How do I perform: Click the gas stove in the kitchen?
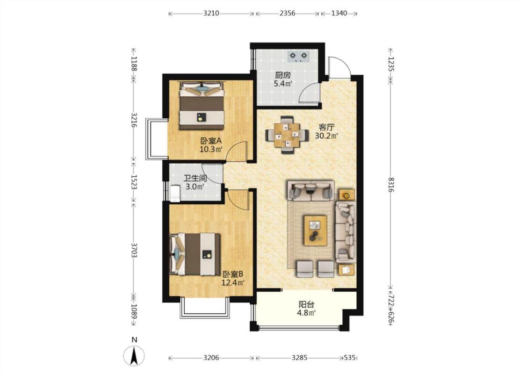(298, 57)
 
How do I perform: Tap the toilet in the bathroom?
(175, 194)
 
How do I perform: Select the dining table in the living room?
(287, 135)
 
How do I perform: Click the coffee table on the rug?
(315, 230)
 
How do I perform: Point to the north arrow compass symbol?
(134, 355)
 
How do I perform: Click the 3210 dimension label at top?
(211, 14)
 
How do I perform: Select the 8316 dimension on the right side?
(391, 185)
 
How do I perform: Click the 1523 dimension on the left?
(134, 182)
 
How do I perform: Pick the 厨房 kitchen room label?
(283, 75)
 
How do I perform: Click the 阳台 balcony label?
(307, 305)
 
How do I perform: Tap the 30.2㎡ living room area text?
(326, 136)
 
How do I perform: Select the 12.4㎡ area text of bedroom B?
(232, 282)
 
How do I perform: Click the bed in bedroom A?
(202, 106)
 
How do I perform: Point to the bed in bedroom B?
(195, 255)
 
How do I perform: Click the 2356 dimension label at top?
(288, 14)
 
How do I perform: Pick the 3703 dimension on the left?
(134, 251)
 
